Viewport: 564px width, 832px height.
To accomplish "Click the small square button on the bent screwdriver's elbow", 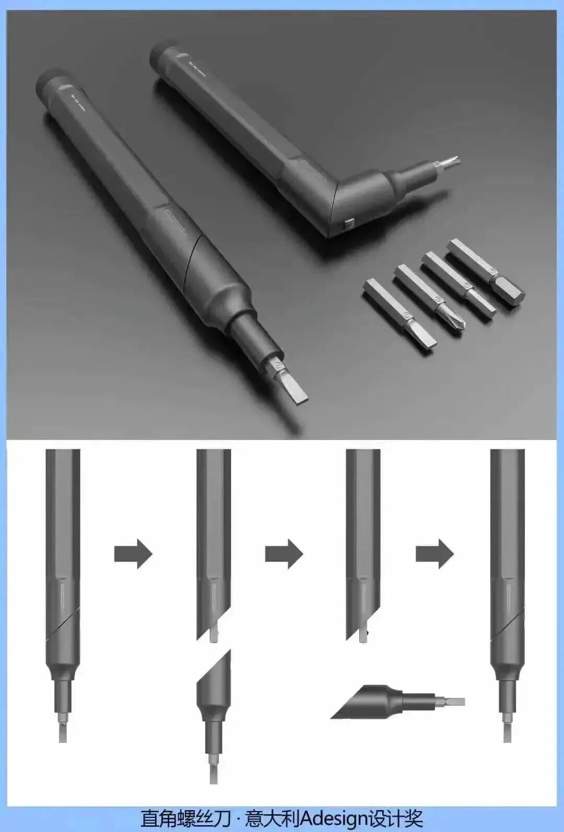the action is pos(348,223).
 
